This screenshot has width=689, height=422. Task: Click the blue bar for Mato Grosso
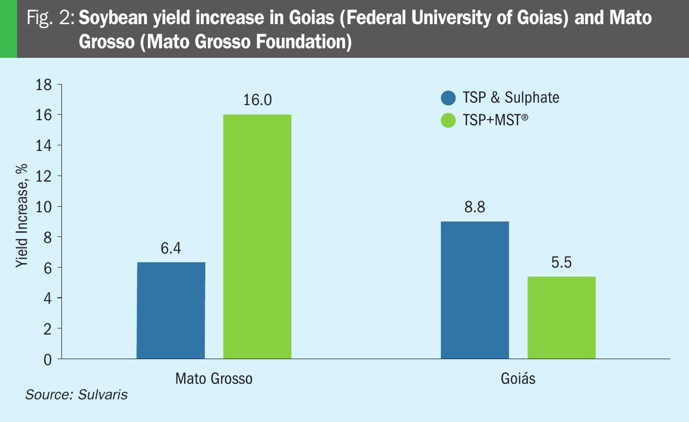point(171,310)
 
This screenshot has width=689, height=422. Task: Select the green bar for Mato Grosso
point(257,236)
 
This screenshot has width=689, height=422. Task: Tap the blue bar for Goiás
point(475,290)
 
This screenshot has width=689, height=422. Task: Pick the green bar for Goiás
point(561,317)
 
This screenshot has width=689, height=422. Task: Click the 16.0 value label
point(257,100)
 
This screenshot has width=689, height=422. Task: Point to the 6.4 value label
point(171,248)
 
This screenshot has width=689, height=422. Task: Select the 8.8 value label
point(475,207)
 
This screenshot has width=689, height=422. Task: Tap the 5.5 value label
point(561,263)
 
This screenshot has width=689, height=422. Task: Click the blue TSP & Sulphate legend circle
point(448,98)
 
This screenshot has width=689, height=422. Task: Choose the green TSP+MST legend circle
point(448,121)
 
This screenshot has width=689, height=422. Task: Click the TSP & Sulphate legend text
point(510,98)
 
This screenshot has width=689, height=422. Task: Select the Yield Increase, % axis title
point(22,217)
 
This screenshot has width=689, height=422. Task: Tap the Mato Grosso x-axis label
point(214,378)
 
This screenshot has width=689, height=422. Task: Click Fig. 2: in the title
point(51,19)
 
